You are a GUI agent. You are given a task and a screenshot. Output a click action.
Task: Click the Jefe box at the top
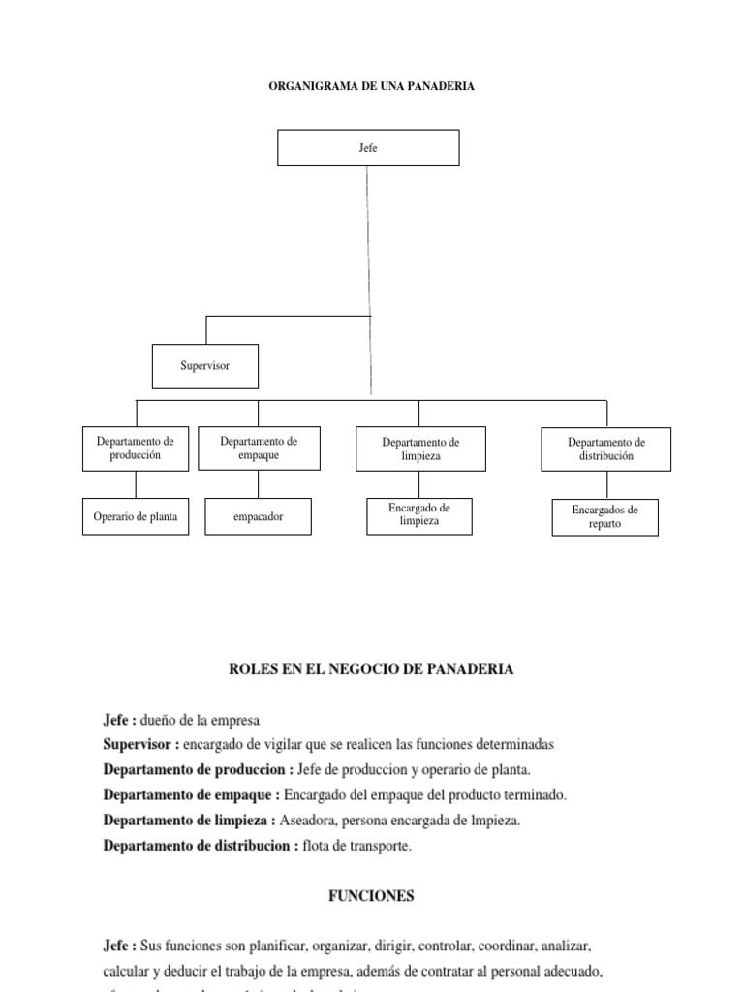(x=368, y=147)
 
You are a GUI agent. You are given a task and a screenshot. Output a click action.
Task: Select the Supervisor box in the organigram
(x=205, y=366)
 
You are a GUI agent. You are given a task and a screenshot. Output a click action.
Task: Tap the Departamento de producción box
(x=136, y=449)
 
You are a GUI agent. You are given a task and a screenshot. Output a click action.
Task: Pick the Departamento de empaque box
(x=259, y=448)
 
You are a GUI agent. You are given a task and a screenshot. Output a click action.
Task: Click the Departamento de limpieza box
(x=420, y=449)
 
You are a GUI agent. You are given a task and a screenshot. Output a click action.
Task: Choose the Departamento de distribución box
(x=605, y=449)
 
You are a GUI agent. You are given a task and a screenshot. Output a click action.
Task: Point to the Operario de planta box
(x=136, y=517)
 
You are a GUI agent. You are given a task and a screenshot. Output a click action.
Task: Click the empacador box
(x=259, y=517)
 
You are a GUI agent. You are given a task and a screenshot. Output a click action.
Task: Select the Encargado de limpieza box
(x=418, y=514)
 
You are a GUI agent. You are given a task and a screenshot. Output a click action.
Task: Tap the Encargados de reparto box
(x=604, y=517)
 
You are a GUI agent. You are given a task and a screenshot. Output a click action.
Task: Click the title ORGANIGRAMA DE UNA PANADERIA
(x=371, y=86)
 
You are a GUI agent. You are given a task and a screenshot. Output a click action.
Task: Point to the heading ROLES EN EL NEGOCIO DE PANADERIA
(x=371, y=669)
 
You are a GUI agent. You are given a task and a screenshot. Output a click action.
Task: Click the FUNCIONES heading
(x=371, y=896)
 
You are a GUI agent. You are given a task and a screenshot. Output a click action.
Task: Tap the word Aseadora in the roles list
(x=305, y=821)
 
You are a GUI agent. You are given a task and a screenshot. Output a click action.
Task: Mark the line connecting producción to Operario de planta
(x=136, y=484)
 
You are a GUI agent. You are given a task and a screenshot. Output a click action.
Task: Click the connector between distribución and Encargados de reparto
(x=606, y=485)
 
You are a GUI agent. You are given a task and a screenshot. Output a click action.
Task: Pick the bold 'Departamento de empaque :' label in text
(x=191, y=795)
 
